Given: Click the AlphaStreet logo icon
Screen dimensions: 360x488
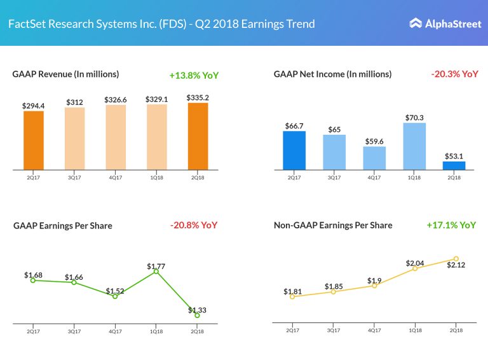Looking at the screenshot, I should (x=416, y=24).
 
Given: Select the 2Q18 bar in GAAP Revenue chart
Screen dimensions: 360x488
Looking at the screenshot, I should (x=198, y=136).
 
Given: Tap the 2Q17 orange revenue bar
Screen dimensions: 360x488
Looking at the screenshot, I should (x=34, y=140).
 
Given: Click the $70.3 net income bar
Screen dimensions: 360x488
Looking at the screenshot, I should (x=414, y=146).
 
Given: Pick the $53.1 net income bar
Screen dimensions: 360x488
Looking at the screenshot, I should (x=454, y=165).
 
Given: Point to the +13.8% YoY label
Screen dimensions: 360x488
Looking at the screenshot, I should (x=194, y=75).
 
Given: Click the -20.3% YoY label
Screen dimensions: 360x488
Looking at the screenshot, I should (x=454, y=74).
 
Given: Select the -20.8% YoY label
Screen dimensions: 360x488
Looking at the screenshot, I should (x=194, y=225).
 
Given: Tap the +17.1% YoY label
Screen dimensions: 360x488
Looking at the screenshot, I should (x=451, y=225).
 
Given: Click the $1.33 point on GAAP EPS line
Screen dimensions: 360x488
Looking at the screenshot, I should (x=198, y=315).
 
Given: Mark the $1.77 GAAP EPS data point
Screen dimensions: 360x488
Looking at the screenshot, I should (x=156, y=272).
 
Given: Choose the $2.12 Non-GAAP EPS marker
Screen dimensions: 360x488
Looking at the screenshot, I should (x=456, y=259).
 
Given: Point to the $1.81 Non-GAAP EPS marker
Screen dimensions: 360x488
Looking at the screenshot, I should (x=292, y=296).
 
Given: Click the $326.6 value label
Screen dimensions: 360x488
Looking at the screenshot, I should (x=116, y=100).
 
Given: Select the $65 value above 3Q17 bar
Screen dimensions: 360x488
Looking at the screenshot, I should (x=334, y=130).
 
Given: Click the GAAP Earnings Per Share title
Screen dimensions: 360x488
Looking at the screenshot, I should (x=63, y=226).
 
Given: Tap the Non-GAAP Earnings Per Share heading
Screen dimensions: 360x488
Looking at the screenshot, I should (x=333, y=225).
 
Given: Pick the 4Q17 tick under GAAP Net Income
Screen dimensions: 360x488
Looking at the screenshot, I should (x=374, y=177).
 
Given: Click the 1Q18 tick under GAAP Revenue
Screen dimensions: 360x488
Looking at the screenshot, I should (x=156, y=177).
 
